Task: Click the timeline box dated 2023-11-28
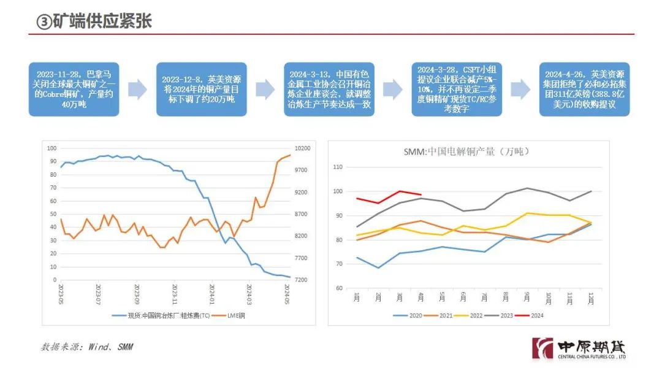click(x=74, y=89)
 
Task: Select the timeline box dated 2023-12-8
click(x=201, y=89)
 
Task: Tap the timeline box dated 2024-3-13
click(x=329, y=89)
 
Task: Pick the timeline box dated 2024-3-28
click(x=457, y=89)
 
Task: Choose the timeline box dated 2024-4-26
click(x=584, y=89)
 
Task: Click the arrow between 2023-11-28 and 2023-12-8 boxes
click(x=137, y=89)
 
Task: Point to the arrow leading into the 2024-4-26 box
click(x=520, y=89)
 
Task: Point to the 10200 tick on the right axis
click(x=303, y=148)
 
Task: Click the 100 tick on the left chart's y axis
click(x=51, y=148)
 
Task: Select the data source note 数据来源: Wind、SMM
click(x=86, y=347)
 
